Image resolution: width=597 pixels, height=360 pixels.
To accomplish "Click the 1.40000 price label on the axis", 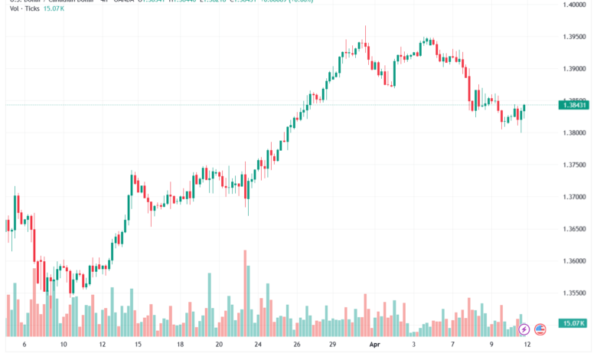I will coord(574,5).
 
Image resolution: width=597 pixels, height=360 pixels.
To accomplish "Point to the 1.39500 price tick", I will coord(574,37).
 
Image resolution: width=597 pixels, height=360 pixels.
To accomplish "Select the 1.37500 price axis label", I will coord(574,165).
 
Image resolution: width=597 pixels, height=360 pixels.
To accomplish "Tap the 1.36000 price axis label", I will coord(574,261).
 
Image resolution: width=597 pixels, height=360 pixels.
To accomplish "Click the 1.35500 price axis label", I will coord(574,293).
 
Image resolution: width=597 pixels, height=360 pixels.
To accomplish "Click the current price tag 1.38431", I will coord(574,105).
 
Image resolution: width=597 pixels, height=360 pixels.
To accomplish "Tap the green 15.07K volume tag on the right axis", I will coord(574,322).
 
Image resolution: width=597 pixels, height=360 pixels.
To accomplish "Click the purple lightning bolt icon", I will coord(524,329).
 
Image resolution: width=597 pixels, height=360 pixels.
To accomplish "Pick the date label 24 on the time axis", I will coord(258,345).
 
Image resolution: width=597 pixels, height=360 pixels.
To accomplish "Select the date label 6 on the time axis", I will coord(24,345).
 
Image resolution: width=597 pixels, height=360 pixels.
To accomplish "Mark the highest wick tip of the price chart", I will coord(365,27).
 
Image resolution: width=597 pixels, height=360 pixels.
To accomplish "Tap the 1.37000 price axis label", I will coord(574,197).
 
